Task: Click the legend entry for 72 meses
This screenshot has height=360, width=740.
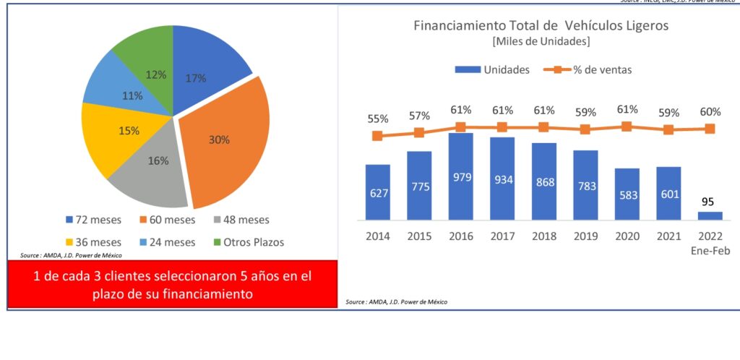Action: click(94, 220)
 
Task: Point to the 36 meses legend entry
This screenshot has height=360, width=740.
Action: click(94, 242)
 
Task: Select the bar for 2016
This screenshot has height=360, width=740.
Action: click(461, 177)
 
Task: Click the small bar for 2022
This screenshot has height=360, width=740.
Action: click(711, 215)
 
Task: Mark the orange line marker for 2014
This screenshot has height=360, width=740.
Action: click(377, 136)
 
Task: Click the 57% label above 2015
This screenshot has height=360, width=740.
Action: click(419, 116)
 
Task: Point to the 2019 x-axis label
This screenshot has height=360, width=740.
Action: click(585, 236)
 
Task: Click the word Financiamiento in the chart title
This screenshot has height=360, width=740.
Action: click(457, 25)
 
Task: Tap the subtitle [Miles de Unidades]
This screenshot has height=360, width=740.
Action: click(541, 42)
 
